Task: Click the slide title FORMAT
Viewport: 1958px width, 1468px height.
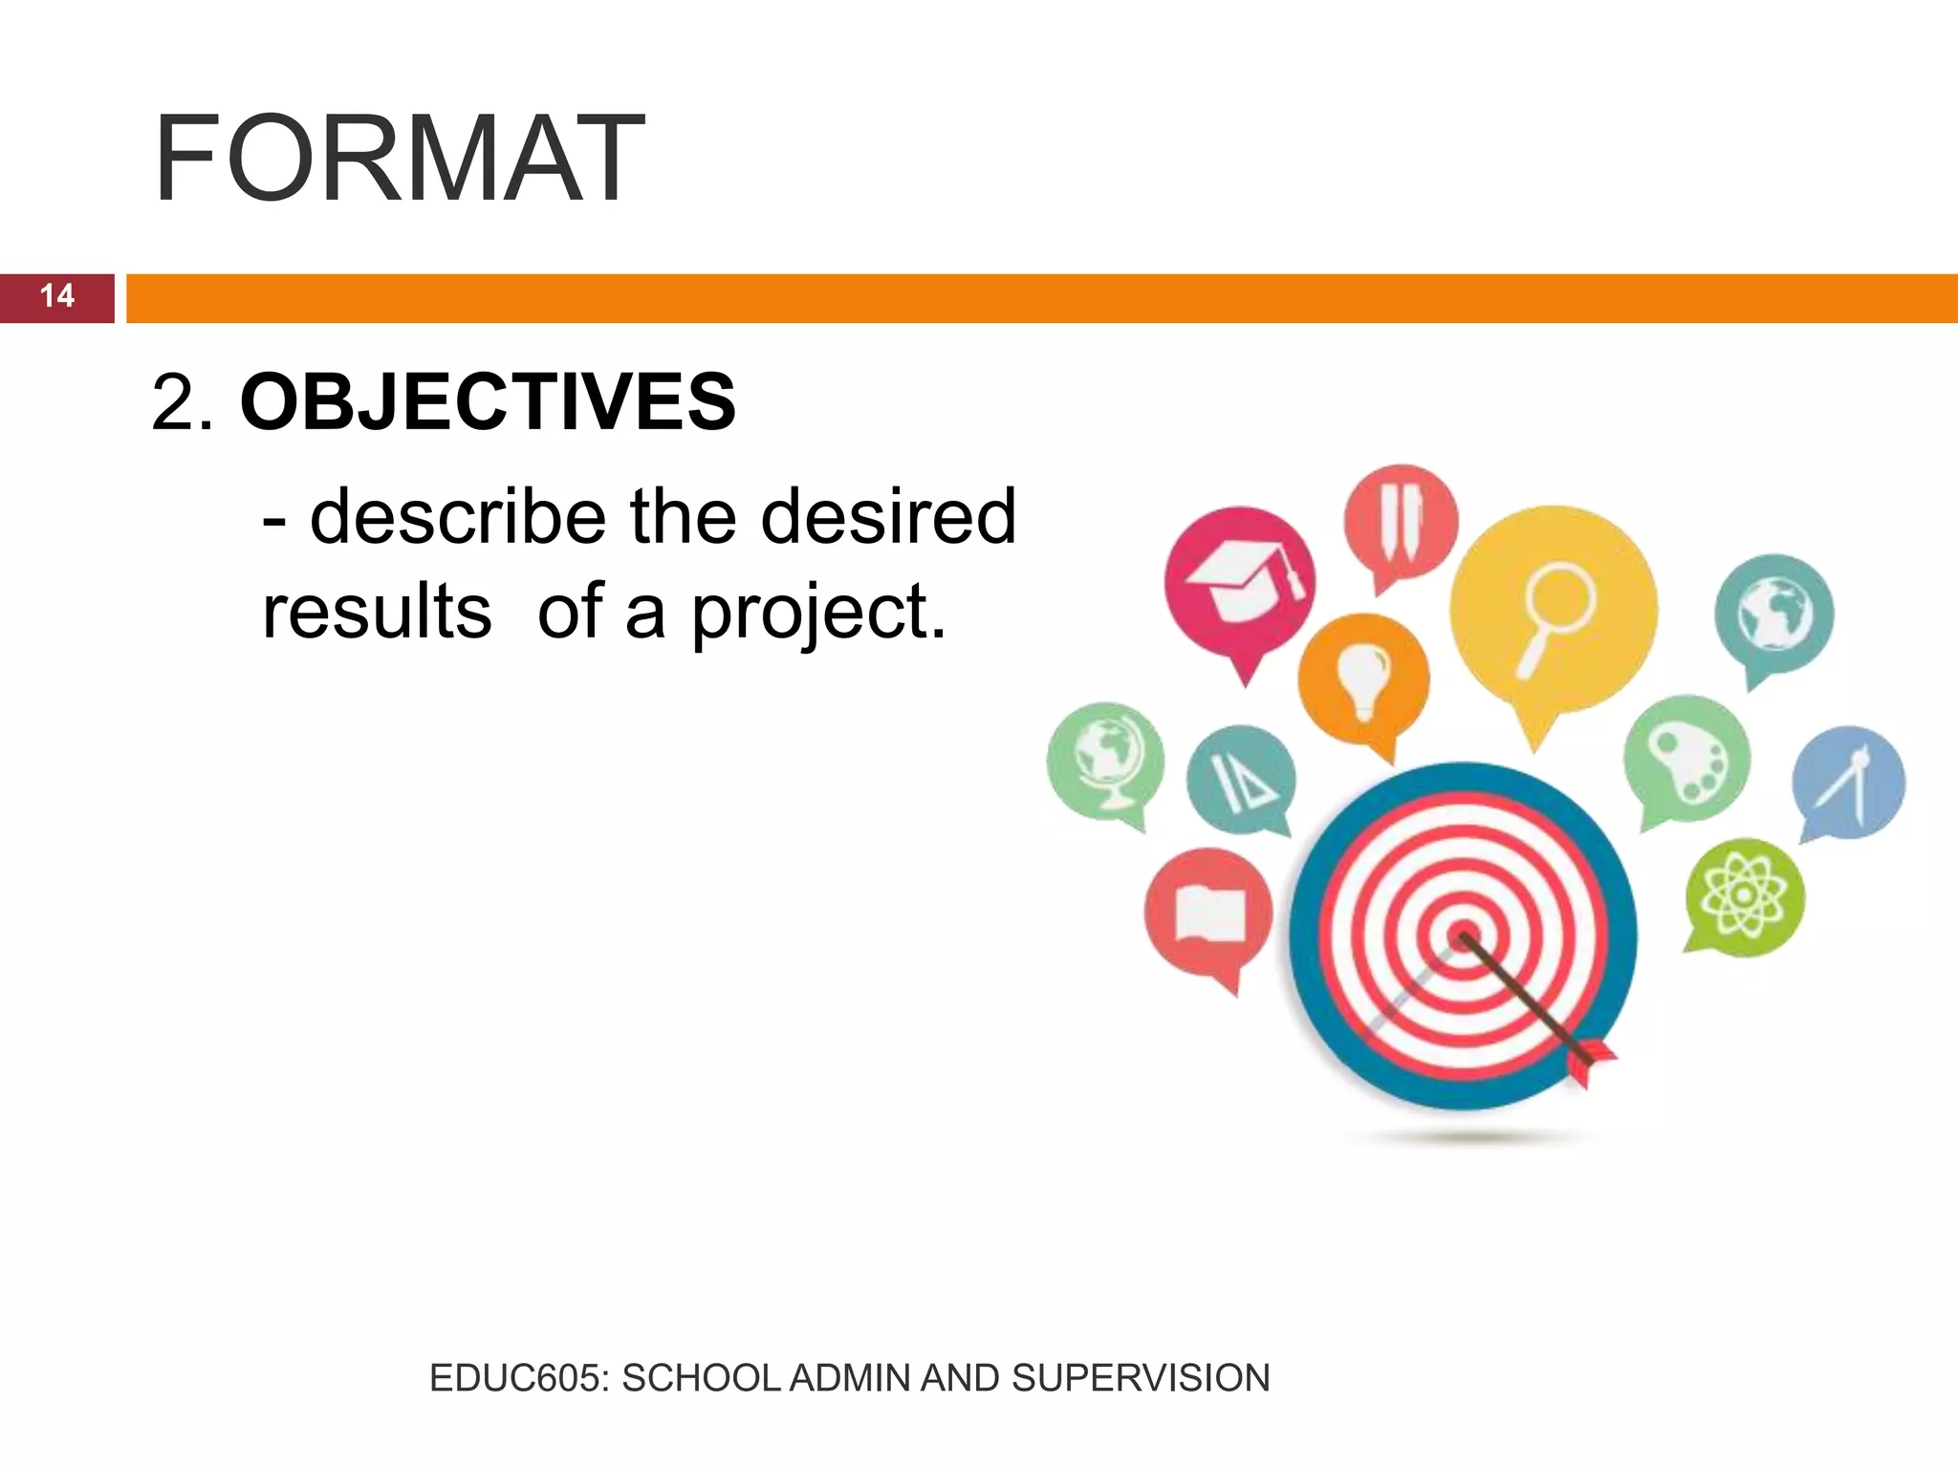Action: (399, 160)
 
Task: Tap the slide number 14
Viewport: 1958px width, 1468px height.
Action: (57, 296)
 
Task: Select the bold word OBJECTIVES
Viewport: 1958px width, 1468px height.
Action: (488, 402)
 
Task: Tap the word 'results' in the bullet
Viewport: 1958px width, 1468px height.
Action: (377, 613)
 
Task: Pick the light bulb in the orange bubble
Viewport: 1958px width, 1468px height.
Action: (1363, 676)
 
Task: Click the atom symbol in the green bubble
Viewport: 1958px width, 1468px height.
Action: (1744, 896)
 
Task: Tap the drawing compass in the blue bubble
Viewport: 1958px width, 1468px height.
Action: (1848, 783)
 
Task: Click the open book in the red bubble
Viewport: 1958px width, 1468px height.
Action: (1208, 914)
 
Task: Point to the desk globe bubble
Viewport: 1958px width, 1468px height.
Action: (1105, 761)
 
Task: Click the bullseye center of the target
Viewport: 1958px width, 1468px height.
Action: (1462, 936)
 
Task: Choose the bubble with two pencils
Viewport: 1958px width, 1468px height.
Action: (1401, 522)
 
